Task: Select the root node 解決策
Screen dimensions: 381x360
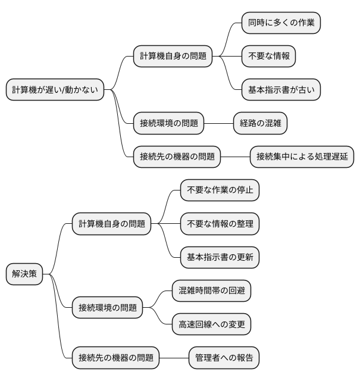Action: click(x=24, y=274)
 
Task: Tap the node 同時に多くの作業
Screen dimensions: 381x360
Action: click(x=281, y=23)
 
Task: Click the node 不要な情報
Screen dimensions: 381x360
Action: click(x=268, y=57)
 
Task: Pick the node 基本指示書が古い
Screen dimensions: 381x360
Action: click(x=281, y=90)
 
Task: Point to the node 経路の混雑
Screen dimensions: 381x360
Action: click(x=260, y=123)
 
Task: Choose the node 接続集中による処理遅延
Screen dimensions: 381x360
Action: click(x=302, y=157)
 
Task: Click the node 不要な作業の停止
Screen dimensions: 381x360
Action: click(x=220, y=190)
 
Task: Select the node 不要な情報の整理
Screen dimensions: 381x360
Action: click(x=220, y=224)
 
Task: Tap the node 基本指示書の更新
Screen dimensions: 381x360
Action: click(x=220, y=257)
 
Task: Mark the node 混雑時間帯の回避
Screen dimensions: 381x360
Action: click(x=212, y=291)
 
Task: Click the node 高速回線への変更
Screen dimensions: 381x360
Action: click(x=212, y=324)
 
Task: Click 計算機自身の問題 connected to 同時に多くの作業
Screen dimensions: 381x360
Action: click(x=173, y=57)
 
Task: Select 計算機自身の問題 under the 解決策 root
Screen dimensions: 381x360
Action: click(x=111, y=224)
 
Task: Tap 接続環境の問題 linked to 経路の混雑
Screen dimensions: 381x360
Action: click(x=168, y=123)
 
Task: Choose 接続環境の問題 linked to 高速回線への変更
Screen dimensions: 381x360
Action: click(x=108, y=308)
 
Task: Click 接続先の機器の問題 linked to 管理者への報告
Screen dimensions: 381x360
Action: click(x=116, y=358)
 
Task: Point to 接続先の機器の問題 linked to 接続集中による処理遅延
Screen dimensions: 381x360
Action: click(x=177, y=157)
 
